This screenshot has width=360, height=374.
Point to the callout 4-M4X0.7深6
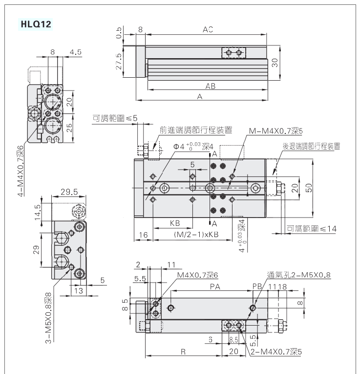click(x=21, y=164)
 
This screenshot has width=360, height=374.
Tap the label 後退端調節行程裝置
click(x=311, y=146)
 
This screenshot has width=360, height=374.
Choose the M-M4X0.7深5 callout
click(x=276, y=131)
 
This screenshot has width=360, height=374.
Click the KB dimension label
click(x=174, y=223)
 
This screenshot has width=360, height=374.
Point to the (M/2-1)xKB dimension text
click(x=196, y=235)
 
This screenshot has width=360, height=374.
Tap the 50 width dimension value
click(x=309, y=188)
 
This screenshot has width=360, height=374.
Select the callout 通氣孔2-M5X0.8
click(x=298, y=275)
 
